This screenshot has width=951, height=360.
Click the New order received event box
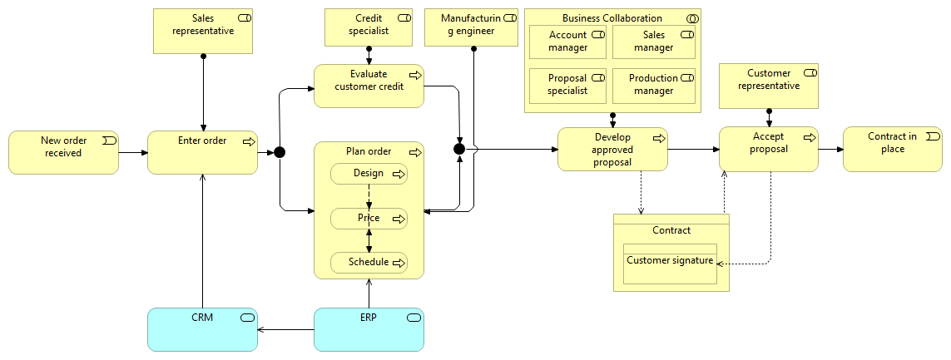pos(64,152)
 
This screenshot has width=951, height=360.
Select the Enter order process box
pos(202,152)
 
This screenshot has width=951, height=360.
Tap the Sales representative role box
pos(203,32)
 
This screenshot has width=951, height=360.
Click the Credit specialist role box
pos(369,27)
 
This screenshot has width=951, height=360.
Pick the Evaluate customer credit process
pos(369,86)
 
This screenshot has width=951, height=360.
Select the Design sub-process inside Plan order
pos(369,174)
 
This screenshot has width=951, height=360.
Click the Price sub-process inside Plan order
pos(369,219)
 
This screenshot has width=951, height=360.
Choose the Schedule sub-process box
pos(369,263)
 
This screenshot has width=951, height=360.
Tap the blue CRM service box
pos(202,329)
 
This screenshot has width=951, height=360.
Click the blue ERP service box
pos(369,329)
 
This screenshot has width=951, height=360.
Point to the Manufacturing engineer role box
pos(471,27)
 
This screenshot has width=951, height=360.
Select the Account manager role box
pos(567,42)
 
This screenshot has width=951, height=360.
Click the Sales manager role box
pos(653,42)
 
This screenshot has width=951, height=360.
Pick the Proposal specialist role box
pos(567,86)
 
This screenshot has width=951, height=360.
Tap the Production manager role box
pos(653,86)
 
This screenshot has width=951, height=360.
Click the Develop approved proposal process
pos(612,150)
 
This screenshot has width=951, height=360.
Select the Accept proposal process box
pos(768,150)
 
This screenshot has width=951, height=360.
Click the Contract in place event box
pos(892,150)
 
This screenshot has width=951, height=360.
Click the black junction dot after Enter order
pos(280,152)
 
